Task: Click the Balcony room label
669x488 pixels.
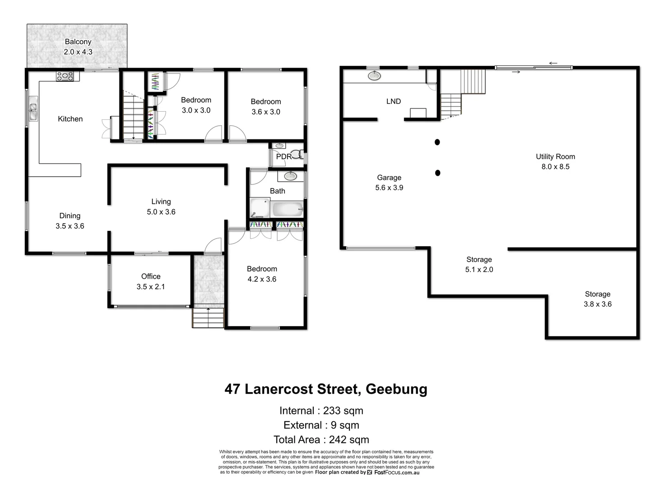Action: point(78,47)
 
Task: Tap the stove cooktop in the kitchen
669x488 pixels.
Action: point(65,76)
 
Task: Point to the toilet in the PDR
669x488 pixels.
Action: point(297,155)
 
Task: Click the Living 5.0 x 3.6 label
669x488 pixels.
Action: point(161,206)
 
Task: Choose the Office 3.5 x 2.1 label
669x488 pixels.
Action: point(151,281)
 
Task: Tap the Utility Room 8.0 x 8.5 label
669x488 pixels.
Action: point(555,161)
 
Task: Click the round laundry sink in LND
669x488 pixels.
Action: point(374,75)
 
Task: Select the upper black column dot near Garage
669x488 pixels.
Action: point(437,142)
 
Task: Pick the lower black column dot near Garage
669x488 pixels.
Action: point(437,173)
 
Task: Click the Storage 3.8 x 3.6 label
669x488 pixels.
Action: point(597,299)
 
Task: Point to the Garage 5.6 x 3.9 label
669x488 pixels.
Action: point(389,183)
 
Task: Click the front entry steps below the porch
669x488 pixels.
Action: point(208,318)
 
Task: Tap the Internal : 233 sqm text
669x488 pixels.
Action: point(321,410)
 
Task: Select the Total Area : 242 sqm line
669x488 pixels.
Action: point(321,439)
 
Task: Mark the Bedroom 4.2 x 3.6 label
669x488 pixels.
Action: point(262,274)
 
